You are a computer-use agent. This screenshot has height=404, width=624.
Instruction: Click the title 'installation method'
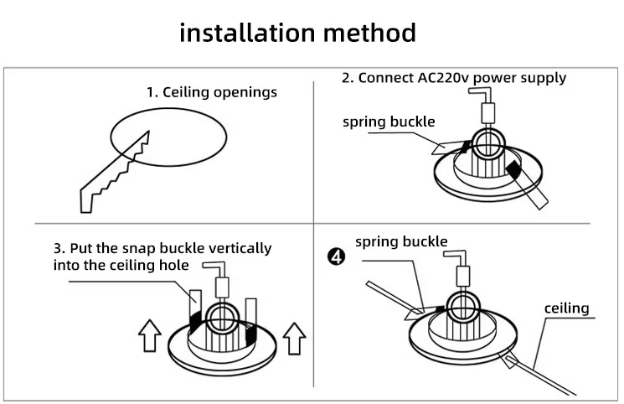click(x=298, y=33)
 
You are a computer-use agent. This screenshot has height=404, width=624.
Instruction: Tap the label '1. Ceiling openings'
click(x=211, y=92)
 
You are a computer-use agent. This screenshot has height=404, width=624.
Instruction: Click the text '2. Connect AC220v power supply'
click(x=453, y=78)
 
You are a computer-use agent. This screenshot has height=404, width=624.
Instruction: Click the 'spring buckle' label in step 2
click(x=389, y=122)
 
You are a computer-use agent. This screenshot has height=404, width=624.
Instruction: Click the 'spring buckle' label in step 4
click(x=401, y=242)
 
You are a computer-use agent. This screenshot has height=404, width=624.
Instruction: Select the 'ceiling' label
click(x=566, y=308)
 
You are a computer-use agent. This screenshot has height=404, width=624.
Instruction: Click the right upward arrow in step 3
click(x=294, y=338)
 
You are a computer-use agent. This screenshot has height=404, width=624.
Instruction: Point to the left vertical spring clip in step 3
click(x=194, y=311)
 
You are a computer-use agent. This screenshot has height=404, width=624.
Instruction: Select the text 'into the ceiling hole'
click(x=121, y=265)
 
